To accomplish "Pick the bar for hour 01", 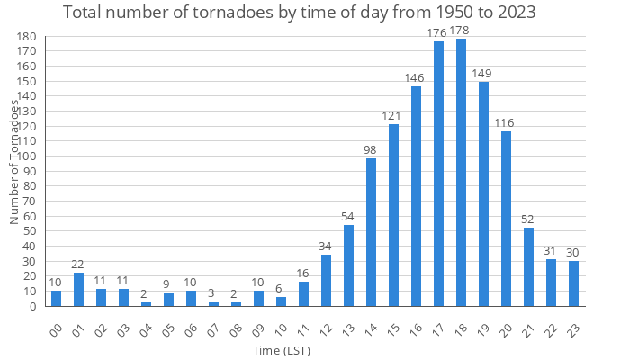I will coord(78,290).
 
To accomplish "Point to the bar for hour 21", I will coord(528,267).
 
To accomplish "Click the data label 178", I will coord(461,31).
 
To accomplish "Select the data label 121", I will coord(393,116).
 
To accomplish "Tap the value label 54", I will coord(348,217).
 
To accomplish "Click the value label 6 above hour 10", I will coord(281,289).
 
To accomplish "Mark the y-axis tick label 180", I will coord(25,37).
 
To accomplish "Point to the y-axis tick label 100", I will coord(25,157).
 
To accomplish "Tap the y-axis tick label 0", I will coord(31,306).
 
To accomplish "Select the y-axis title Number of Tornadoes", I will coord(14,162).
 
